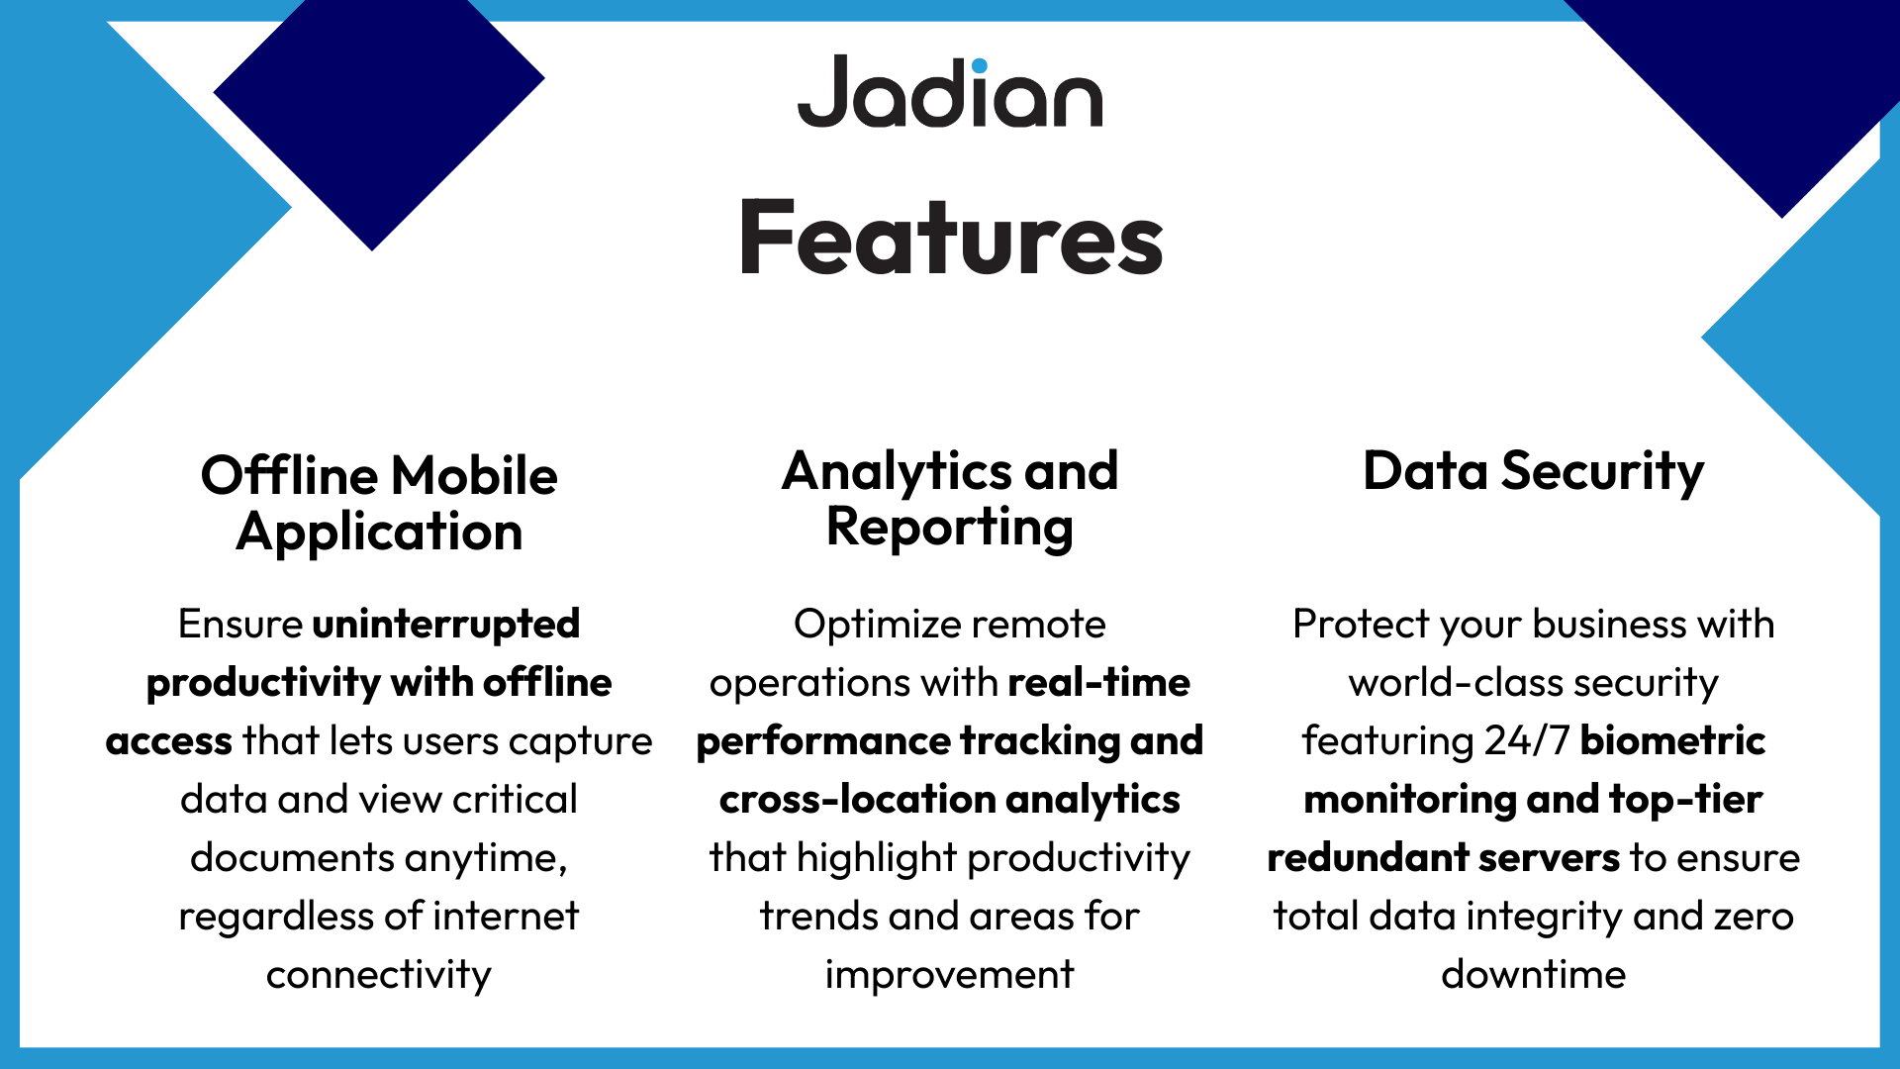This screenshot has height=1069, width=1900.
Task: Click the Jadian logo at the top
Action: point(950,92)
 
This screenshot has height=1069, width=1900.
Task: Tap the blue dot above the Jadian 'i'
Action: point(979,66)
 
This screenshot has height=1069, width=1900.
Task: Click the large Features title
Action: point(951,239)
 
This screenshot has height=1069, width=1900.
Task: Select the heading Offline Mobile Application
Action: point(379,503)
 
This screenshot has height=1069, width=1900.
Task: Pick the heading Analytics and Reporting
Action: point(950,498)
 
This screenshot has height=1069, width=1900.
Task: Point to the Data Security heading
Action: point(1533,471)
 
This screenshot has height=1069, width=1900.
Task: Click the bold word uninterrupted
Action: point(446,625)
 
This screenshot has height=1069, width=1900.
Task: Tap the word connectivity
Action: point(379,975)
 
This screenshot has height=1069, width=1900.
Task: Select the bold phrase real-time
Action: point(1098,683)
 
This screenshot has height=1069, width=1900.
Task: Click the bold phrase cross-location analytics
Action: point(950,800)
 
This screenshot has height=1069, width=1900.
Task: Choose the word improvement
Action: point(950,975)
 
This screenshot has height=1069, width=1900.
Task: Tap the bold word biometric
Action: point(1672,741)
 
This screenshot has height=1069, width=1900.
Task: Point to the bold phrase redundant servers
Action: point(1443,858)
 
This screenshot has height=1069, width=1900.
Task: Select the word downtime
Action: point(1533,975)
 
